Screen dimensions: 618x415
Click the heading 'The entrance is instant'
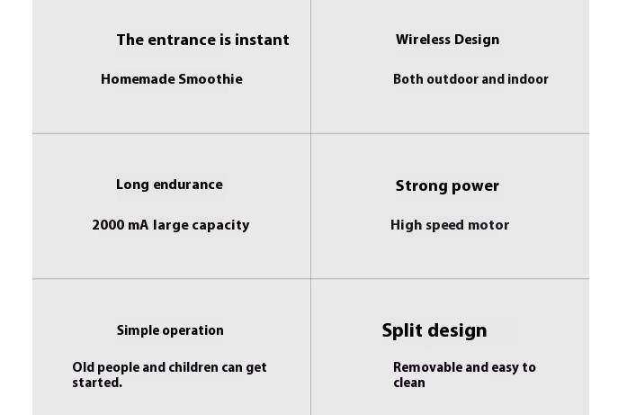pyautogui.click(x=202, y=40)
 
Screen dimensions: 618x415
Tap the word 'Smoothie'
pyautogui.click(x=210, y=79)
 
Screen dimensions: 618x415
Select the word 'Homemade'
pyautogui.click(x=138, y=79)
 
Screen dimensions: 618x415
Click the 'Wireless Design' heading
pyautogui.click(x=447, y=40)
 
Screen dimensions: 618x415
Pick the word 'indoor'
pyautogui.click(x=528, y=79)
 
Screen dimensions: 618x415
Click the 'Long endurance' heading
pyautogui.click(x=169, y=185)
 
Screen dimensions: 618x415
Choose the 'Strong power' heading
pyautogui.click(x=447, y=185)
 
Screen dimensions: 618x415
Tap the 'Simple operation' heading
pyautogui.click(x=170, y=330)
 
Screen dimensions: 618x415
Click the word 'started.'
pyautogui.click(x=97, y=383)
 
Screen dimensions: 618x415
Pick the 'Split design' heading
pyautogui.click(x=434, y=330)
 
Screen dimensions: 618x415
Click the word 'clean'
pyautogui.click(x=409, y=383)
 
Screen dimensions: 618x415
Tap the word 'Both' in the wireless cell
pyautogui.click(x=408, y=79)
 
